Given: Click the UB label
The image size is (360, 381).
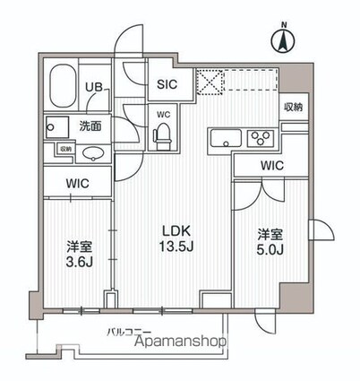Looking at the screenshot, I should coord(93,87).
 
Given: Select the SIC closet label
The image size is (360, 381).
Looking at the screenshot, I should coord(167,84).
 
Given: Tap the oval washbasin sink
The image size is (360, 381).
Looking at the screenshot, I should coord(92,153).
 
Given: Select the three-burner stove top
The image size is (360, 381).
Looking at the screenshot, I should coord(262,138).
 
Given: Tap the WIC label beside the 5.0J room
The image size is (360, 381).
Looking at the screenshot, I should coord(272,165).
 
